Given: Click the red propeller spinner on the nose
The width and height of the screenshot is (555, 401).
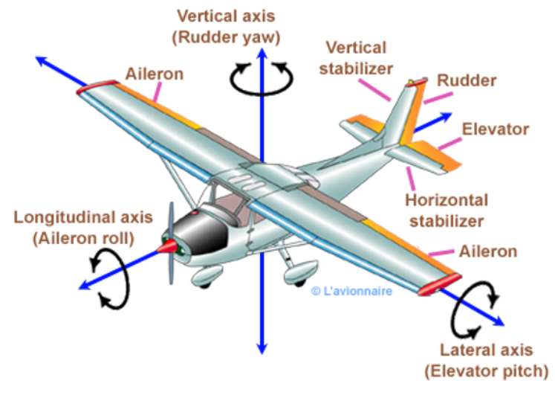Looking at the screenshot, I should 169,246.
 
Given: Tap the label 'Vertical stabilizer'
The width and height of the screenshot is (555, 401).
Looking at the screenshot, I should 356,57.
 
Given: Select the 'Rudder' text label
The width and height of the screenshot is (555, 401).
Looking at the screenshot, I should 467,80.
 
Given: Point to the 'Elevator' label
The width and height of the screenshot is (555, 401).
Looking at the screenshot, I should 496,129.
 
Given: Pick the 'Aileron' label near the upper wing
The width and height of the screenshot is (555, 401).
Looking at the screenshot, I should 155,74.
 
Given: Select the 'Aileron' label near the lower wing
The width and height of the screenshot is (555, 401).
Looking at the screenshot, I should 487,251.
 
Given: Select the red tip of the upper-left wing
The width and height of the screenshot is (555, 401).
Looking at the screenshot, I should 93,86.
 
